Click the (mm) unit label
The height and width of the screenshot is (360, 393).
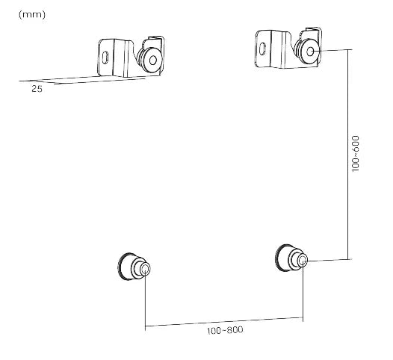pos(32,15)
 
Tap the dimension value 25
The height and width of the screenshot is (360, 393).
pos(37,89)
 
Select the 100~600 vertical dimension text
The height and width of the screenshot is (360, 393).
pos(356,154)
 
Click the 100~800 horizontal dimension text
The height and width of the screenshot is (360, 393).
pos(225,330)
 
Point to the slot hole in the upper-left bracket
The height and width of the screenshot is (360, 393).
pos(105,58)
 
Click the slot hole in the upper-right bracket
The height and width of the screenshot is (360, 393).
pos(262,49)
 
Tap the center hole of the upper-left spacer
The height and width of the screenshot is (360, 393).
pos(153,60)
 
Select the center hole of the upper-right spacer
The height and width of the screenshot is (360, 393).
pos(310,52)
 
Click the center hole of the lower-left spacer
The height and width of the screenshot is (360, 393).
pos(145,270)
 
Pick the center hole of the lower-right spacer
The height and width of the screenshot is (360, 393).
pos(303,261)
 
